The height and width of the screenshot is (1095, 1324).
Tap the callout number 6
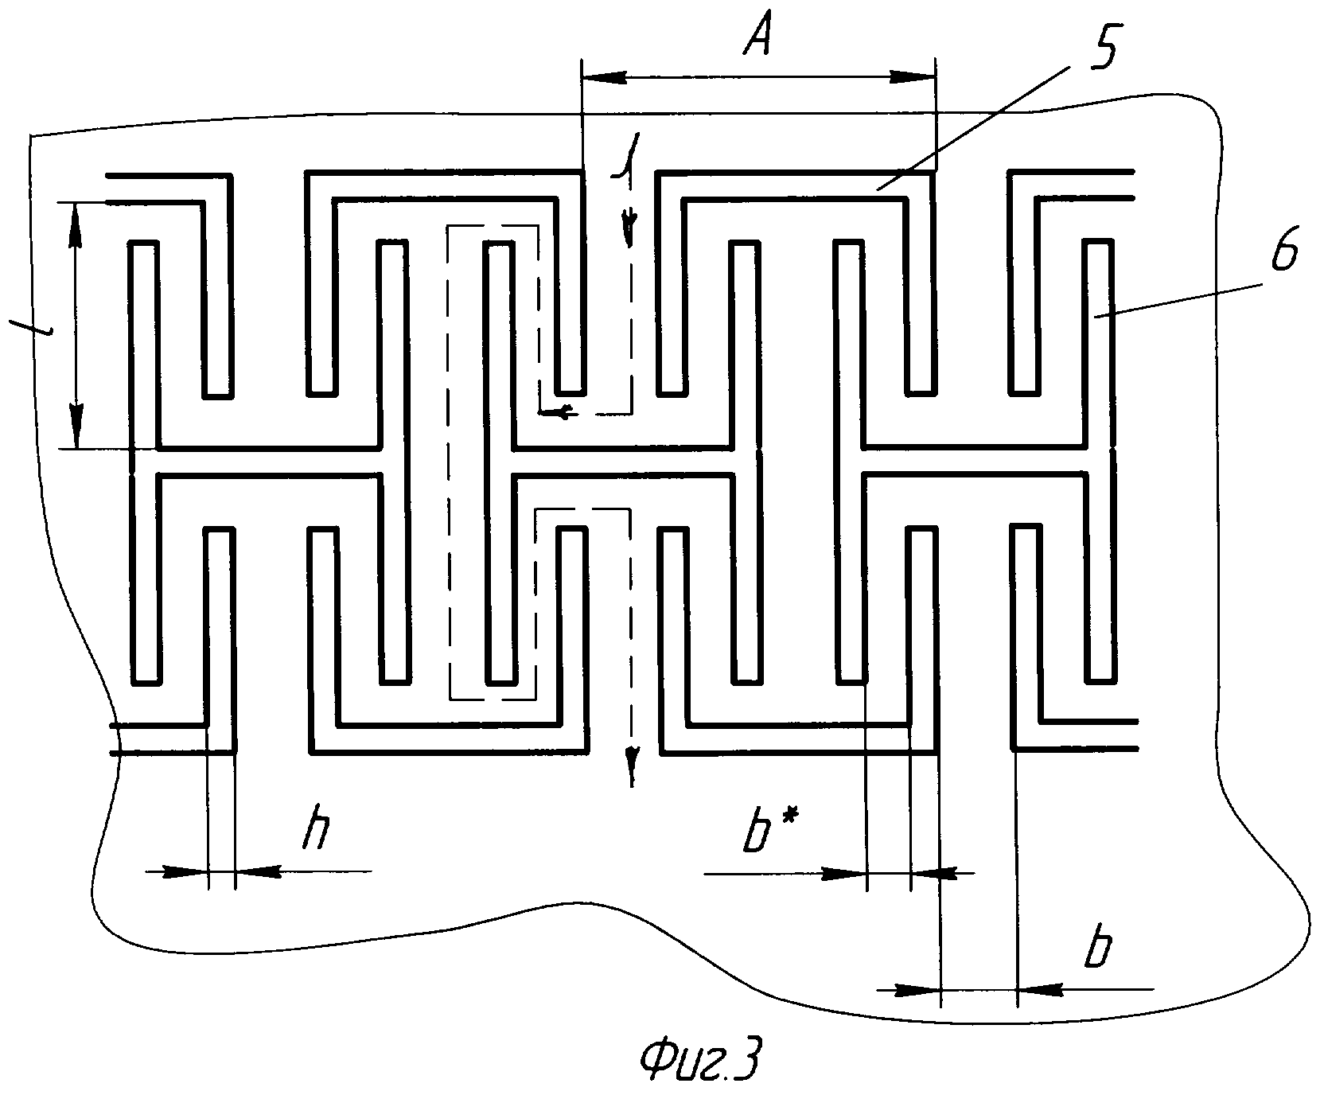point(1279,253)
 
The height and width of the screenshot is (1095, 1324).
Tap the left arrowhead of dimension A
point(603,77)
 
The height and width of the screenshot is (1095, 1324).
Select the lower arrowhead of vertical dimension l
point(76,428)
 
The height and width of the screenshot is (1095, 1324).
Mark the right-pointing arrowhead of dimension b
point(918,990)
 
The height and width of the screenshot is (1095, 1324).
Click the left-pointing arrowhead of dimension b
point(1039,990)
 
